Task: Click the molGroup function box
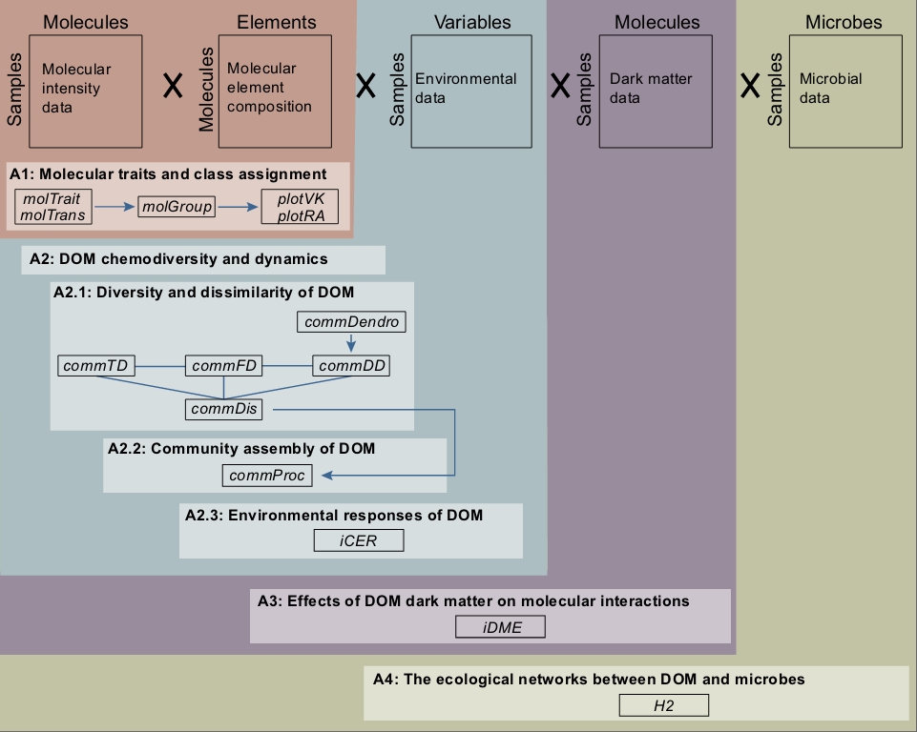(177, 206)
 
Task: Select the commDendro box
(351, 322)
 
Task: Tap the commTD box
(96, 366)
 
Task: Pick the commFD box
(224, 366)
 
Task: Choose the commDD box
(351, 366)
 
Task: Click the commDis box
(224, 409)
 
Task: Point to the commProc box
(267, 476)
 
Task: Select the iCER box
(359, 540)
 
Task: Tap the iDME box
(501, 627)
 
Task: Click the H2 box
(664, 705)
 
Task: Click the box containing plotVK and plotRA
(300, 207)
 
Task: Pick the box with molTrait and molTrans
(53, 207)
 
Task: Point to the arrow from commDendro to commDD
(351, 342)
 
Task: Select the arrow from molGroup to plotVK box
(238, 207)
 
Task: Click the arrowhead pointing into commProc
(327, 476)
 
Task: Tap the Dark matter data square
(656, 91)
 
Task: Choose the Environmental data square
(471, 91)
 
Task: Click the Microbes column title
(844, 22)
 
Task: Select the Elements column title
(276, 22)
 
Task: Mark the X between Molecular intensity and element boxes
(173, 86)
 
